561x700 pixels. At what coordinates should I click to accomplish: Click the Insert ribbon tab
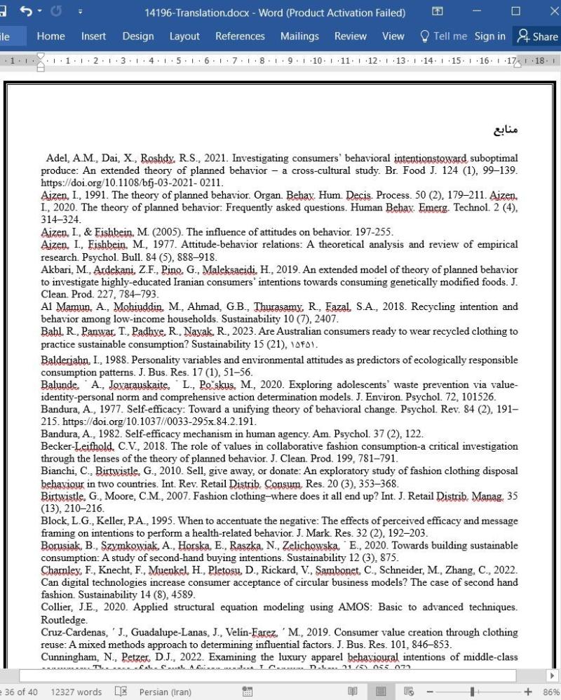tap(93, 36)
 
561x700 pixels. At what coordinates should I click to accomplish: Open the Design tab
tap(137, 36)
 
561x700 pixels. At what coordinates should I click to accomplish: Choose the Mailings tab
tap(299, 36)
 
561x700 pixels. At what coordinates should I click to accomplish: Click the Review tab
tap(350, 36)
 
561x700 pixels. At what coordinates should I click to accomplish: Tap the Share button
tap(536, 36)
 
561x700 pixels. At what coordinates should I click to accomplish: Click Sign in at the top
tap(489, 36)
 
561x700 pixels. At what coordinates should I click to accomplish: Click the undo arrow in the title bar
tap(26, 12)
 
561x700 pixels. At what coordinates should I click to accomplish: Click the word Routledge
tap(64, 620)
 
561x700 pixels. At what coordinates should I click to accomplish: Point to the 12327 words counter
tap(76, 692)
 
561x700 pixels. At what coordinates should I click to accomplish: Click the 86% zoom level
tap(550, 692)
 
